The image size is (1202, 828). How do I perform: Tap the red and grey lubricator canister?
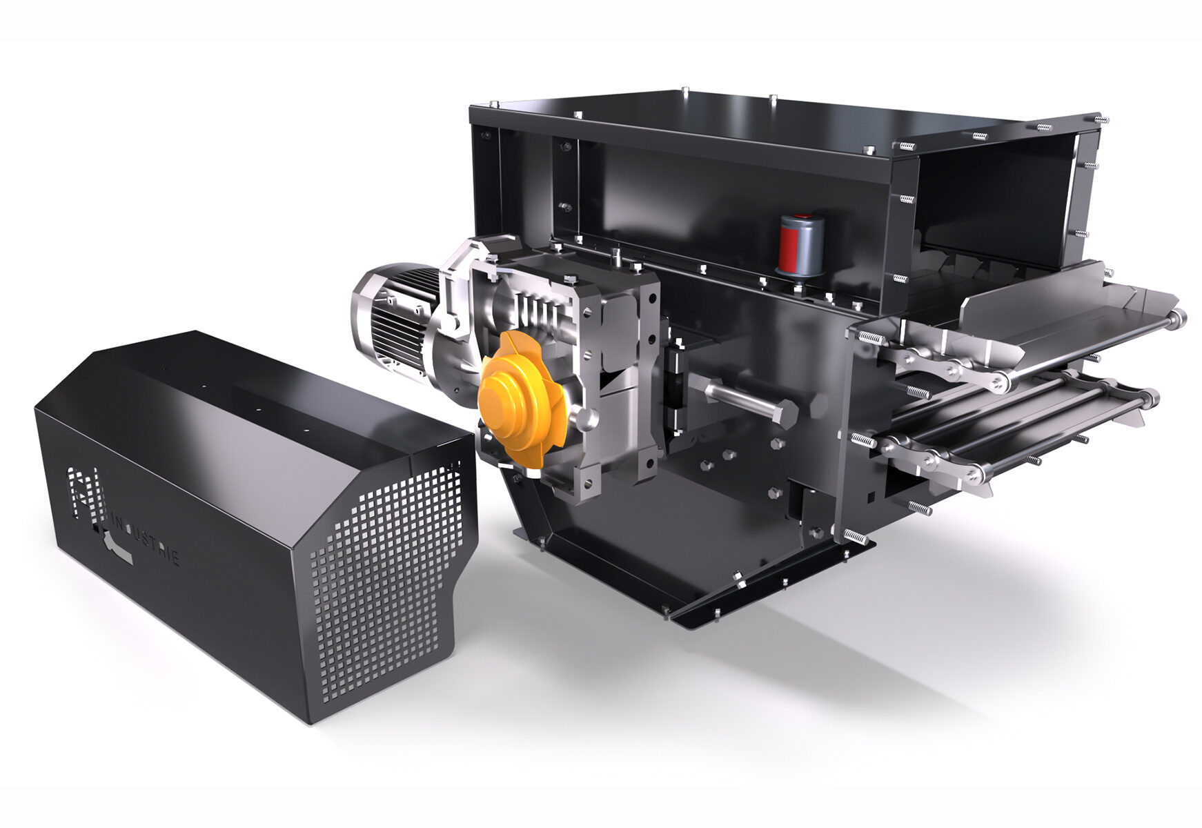801,244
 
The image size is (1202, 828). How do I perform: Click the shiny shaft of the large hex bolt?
731,397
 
